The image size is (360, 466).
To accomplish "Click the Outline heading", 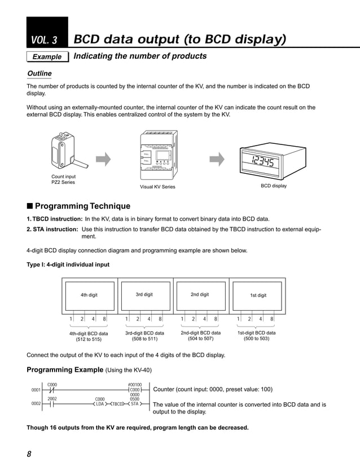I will tap(39, 73).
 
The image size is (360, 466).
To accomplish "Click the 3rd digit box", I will tap(144, 294).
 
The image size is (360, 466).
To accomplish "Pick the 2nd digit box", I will tap(200, 294).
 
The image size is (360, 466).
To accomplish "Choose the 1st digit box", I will tap(257, 295).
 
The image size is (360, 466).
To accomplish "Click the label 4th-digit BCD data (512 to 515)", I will tap(89, 336).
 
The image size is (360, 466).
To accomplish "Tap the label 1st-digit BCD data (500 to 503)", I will tap(256, 336).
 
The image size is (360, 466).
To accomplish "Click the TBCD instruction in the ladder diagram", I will tap(117, 404).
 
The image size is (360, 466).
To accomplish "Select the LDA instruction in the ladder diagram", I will tap(99, 404).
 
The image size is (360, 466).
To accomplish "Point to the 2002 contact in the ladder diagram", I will tap(52, 404).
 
